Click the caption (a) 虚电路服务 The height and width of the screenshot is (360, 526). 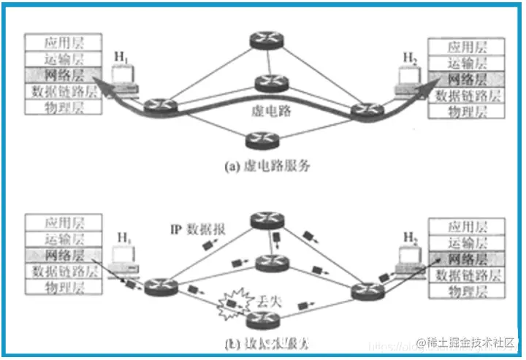tap(267, 166)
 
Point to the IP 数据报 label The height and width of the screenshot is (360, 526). tap(199, 228)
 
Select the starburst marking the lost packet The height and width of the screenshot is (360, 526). tap(232, 301)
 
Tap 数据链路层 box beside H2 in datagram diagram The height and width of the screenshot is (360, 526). tap(468, 274)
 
